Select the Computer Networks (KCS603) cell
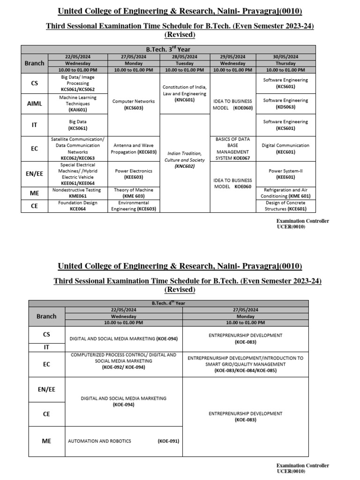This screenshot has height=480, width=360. click(x=134, y=105)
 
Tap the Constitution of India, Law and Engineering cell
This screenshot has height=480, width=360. click(x=184, y=93)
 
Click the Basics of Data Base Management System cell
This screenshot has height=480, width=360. click(x=233, y=149)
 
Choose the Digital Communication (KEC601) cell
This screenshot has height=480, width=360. click(x=285, y=149)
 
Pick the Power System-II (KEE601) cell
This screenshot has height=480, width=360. click(x=285, y=174)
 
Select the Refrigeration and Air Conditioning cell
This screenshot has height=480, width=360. click(x=285, y=193)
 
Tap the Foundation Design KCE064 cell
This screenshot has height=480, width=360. click(x=78, y=206)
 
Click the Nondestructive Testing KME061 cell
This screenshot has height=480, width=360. click(x=78, y=193)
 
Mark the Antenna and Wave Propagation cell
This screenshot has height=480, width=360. click(x=134, y=149)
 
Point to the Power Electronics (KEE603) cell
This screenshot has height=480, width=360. click(x=134, y=174)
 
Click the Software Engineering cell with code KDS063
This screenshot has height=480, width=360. click(x=285, y=104)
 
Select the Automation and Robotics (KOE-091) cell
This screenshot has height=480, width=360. click(x=124, y=441)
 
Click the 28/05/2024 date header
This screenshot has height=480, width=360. click(x=184, y=57)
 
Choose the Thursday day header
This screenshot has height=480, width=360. click(x=285, y=63)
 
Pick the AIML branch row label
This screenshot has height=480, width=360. click(x=35, y=104)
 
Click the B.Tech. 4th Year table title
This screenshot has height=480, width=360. click(x=168, y=303)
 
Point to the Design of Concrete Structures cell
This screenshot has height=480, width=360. click(x=285, y=206)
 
